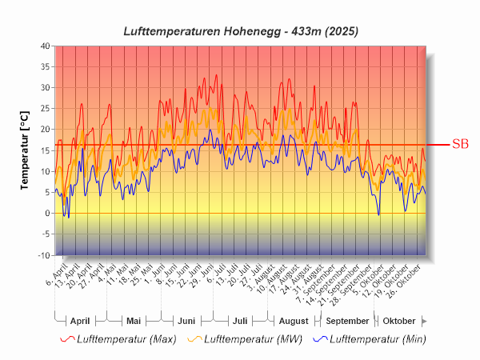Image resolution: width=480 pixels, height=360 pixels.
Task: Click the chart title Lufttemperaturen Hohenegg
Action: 240,31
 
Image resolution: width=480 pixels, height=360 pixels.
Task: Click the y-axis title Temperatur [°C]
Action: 25,150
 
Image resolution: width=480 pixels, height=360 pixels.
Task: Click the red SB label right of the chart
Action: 460,145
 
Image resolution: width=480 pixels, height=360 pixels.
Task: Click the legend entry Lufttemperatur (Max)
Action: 126,339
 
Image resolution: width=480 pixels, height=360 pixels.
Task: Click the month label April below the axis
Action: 80,320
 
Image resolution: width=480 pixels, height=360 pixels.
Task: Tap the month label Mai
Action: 134,320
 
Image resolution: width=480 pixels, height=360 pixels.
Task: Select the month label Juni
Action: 186,320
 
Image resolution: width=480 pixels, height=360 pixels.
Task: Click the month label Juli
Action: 239,320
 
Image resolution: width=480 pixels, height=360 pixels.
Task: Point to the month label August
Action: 293,320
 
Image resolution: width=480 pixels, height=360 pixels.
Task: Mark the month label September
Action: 346,320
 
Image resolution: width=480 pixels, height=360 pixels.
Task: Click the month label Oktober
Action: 398,320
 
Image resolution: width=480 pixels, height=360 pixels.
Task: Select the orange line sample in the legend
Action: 194,339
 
